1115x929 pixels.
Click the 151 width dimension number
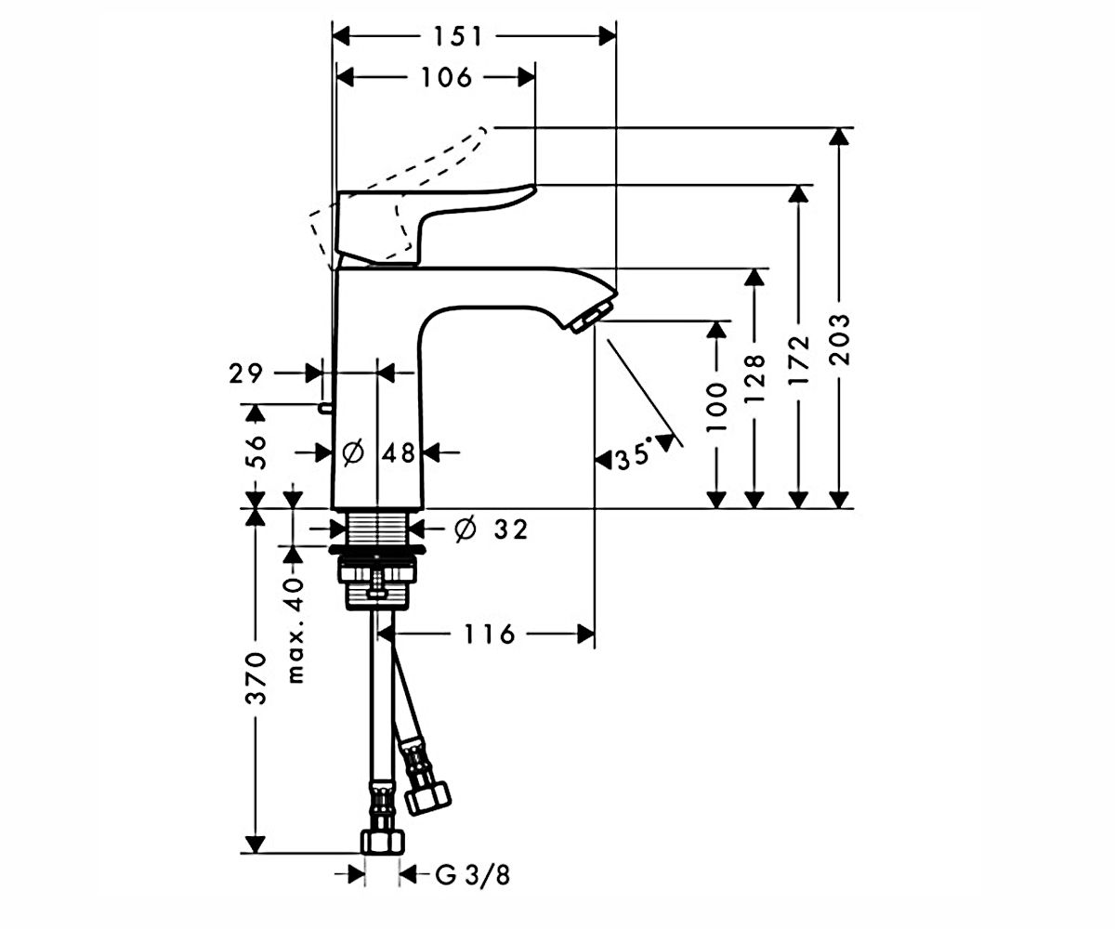click(458, 37)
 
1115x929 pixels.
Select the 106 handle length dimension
click(447, 77)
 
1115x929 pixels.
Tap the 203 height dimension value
click(839, 339)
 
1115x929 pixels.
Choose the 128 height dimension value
click(754, 377)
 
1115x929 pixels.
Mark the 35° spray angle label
click(634, 458)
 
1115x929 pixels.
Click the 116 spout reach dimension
click(489, 635)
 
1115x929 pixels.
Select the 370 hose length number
click(256, 678)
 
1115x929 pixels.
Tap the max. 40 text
click(295, 631)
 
